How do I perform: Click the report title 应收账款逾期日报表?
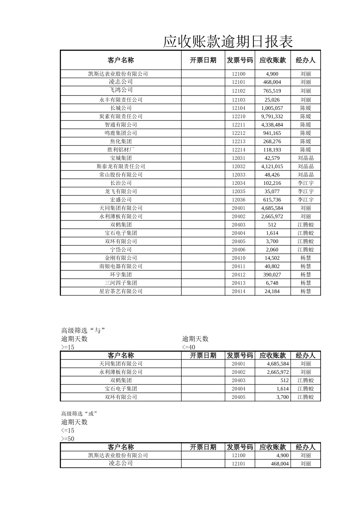pos(228,42)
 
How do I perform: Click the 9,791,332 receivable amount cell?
pos(272,116)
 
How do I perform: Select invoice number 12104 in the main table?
pos(239,108)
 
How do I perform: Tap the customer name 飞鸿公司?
pos(121,90)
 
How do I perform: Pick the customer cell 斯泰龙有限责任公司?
pos(121,166)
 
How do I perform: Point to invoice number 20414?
pos(239,291)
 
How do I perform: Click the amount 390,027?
pos(272,275)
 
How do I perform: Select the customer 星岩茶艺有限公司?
pos(121,291)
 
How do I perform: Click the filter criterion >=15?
pos(68,347)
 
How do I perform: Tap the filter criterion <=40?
pos(189,347)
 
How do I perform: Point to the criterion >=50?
pos(68,439)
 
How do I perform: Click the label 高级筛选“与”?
pos(83,331)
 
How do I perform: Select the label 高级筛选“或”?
pos(77,414)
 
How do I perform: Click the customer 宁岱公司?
pos(121,250)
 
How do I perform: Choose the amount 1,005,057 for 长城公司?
pos(272,108)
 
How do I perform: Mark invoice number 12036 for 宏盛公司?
pos(239,200)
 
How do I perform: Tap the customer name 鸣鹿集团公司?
pos(121,133)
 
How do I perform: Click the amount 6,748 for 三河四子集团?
pos(272,283)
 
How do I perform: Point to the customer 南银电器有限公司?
pos(121,266)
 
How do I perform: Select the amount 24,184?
pos(272,291)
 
